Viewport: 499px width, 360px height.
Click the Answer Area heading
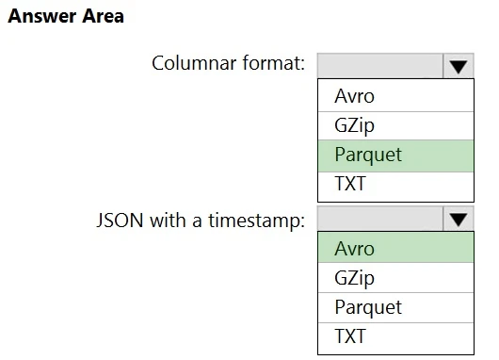(x=66, y=16)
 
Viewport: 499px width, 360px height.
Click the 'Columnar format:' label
(x=228, y=64)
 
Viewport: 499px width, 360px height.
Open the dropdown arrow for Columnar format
(x=458, y=66)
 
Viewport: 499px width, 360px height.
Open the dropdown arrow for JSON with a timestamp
(x=458, y=221)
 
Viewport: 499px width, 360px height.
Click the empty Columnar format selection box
(x=379, y=65)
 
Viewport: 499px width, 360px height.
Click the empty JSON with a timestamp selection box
(x=379, y=220)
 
